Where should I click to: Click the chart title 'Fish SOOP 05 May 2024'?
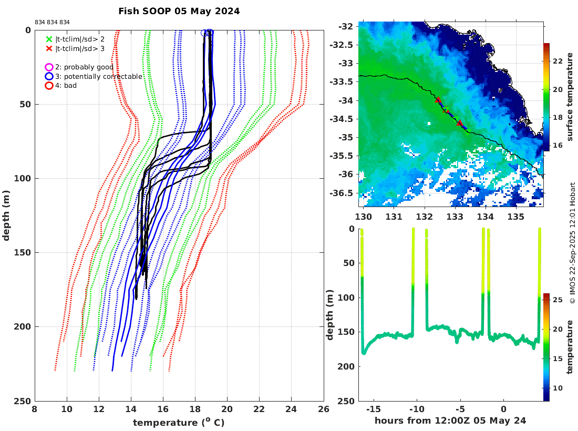(179, 11)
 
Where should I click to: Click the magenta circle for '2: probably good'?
(49, 67)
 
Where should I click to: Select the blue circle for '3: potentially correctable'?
(49, 76)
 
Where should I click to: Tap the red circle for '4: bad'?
(49, 85)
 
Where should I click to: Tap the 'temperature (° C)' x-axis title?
(179, 422)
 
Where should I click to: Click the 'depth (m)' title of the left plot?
(7, 215)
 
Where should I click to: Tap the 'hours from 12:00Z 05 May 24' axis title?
(450, 420)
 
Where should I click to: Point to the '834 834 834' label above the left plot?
(52, 22)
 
